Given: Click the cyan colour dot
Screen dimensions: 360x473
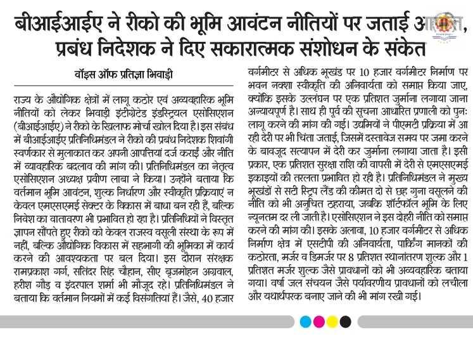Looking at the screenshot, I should point(305,322).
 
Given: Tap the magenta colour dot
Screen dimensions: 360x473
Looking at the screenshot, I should point(318,322).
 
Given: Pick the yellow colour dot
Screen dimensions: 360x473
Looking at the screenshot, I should point(332,322).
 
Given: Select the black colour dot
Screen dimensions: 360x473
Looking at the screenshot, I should point(345,322).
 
